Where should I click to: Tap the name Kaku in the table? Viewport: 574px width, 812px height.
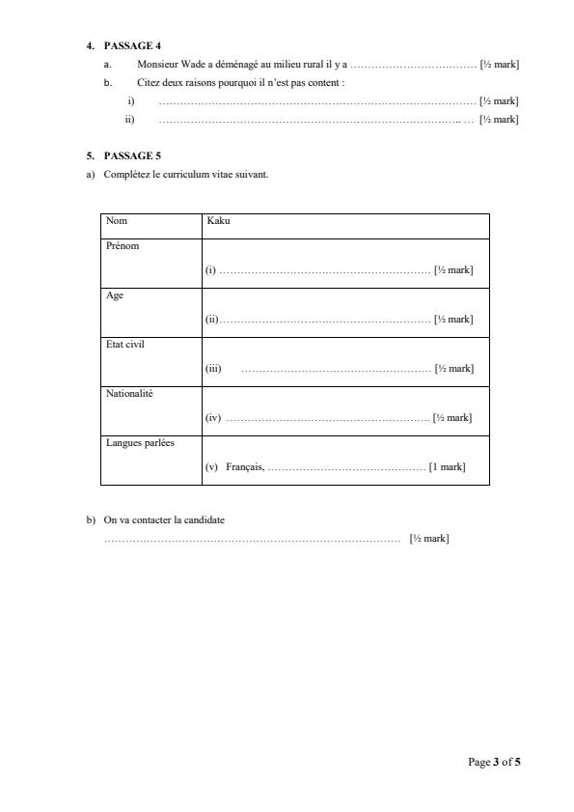pyautogui.click(x=218, y=221)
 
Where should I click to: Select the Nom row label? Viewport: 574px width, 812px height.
pyautogui.click(x=116, y=221)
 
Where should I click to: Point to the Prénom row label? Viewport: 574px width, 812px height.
pyautogui.click(x=123, y=246)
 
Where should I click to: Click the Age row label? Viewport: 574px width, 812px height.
pyautogui.click(x=114, y=295)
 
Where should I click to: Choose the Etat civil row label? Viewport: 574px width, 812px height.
pyautogui.click(x=124, y=344)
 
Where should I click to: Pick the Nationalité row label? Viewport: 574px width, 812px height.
pyautogui.click(x=129, y=393)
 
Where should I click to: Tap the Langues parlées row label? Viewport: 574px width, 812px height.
pyautogui.click(x=134, y=442)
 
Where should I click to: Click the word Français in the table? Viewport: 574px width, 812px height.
pyautogui.click(x=245, y=467)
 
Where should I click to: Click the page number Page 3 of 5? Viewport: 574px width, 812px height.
pyautogui.click(x=494, y=763)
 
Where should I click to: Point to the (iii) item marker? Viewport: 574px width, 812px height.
pyautogui.click(x=213, y=369)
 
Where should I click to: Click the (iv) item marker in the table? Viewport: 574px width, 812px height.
pyautogui.click(x=213, y=418)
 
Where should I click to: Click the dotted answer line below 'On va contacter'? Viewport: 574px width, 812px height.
pyautogui.click(x=252, y=539)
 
